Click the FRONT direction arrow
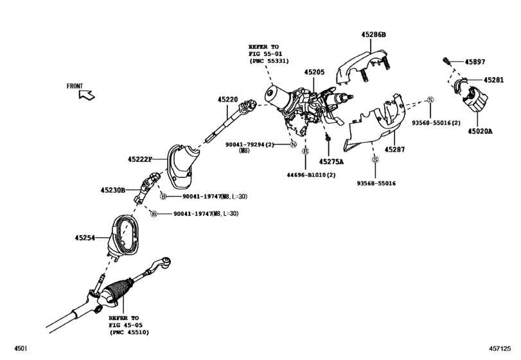[87, 95]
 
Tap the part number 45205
[315, 73]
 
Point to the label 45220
[227, 99]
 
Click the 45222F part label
[139, 158]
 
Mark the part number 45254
[85, 238]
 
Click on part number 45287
[394, 149]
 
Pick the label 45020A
[480, 131]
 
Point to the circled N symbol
[294, 145]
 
